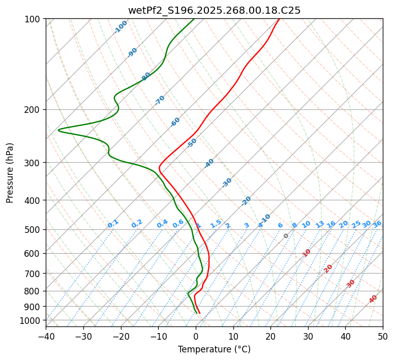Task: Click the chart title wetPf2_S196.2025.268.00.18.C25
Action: pos(214,10)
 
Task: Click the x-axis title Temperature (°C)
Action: pos(214,350)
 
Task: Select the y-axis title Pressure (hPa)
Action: pos(10,173)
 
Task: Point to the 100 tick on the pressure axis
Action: pos(34,19)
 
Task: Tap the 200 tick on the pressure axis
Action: pos(34,109)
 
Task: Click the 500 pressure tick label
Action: pos(34,230)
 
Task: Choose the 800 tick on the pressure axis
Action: pos(34,291)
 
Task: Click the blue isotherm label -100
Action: pos(120,27)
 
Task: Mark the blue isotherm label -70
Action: pos(160,100)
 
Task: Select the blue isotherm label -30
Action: pos(227,183)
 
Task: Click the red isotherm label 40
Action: pos(373,299)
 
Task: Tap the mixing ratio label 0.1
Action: pos(113,224)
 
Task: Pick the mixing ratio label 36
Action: pos(377,224)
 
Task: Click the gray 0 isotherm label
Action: pos(286,236)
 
